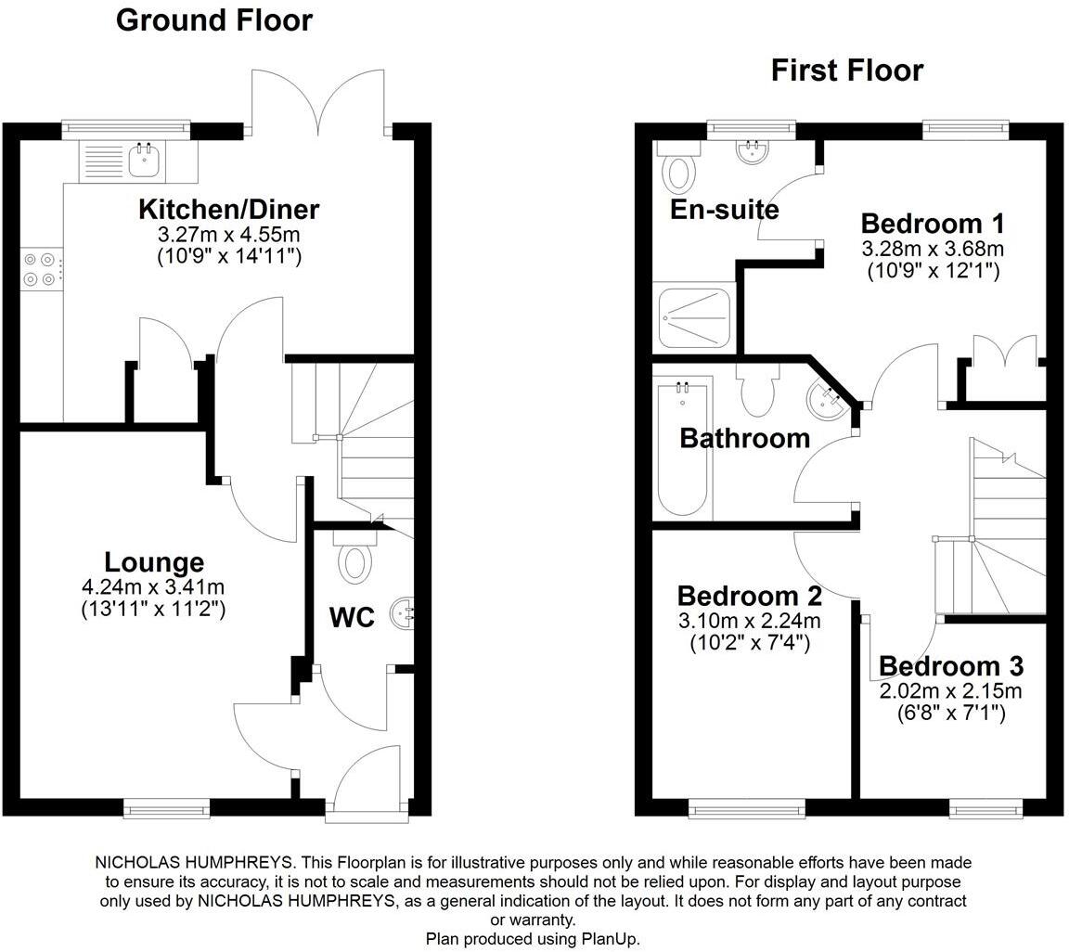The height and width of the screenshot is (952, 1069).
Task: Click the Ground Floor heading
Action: pos(213,20)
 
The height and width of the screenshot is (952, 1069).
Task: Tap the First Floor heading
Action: pos(846,71)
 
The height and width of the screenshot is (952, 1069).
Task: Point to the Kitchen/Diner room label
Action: pos(228,209)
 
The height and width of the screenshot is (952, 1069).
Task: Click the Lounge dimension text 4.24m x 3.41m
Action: pos(153,586)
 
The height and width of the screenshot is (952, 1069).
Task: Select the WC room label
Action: pos(352,617)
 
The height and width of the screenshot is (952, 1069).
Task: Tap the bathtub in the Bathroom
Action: pos(684,455)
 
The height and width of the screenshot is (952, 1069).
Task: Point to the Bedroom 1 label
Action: pos(932,224)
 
